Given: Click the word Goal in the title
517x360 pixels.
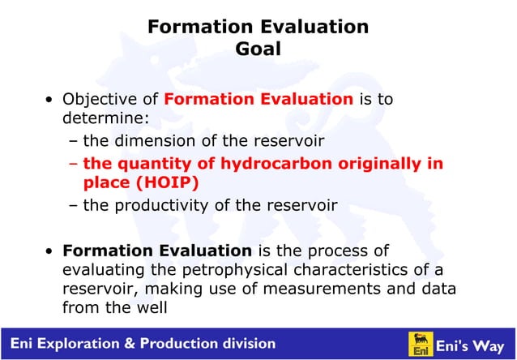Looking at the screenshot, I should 258,49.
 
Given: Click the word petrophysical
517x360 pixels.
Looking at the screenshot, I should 205,269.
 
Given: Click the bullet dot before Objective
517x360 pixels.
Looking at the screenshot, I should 50,101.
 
